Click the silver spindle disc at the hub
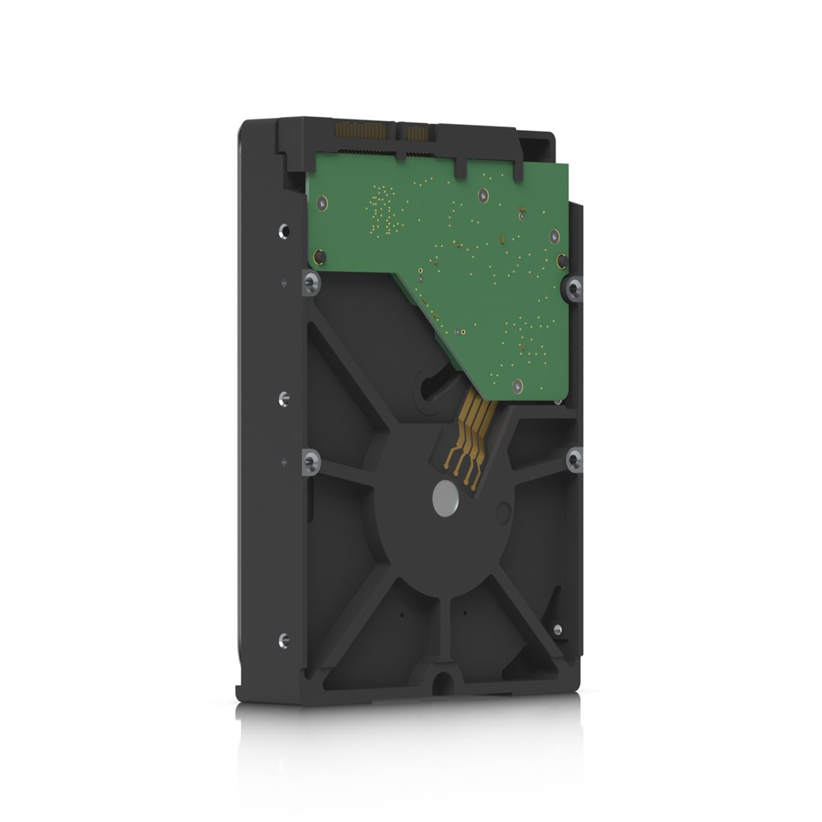(446, 499)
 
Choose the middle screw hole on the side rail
(284, 397)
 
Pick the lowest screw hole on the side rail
(284, 640)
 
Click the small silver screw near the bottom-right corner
(557, 629)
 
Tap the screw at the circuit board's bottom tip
(517, 387)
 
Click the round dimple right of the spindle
(502, 511)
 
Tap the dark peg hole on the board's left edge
(321, 257)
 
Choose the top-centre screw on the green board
(483, 196)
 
